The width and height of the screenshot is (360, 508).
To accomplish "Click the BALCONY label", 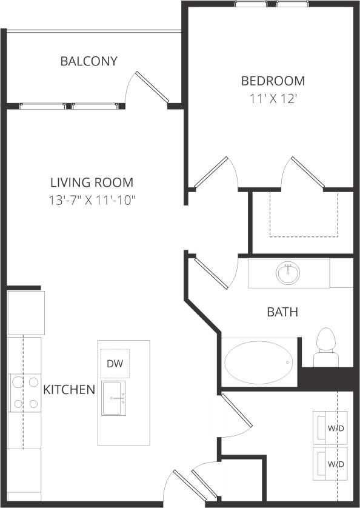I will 88,61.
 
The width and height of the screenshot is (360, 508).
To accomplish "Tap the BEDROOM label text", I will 273,81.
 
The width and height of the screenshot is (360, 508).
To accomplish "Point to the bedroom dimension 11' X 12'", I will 273,99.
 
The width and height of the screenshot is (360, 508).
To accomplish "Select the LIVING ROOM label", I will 92,182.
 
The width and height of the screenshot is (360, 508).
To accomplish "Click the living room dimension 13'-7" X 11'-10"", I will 92,201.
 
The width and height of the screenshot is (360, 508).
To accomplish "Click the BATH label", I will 282,313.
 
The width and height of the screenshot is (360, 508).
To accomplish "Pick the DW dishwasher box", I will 115,364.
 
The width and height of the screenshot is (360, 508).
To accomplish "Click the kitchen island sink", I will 114,398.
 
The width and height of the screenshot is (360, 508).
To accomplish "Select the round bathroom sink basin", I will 288,273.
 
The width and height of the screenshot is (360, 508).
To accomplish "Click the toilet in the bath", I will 326,346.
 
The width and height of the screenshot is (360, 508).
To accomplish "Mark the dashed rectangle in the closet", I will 303,215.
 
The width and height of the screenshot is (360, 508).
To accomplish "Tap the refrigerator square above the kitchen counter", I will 26,312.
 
